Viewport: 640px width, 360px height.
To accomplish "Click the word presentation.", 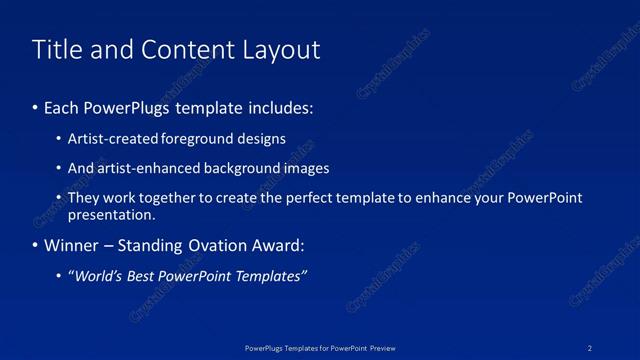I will tap(111, 214).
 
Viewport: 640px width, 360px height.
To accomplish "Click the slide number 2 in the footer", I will tap(590, 348).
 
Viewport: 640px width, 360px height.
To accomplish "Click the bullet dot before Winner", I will tap(36, 246).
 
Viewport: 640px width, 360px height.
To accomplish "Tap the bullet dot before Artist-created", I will tap(59, 139).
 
